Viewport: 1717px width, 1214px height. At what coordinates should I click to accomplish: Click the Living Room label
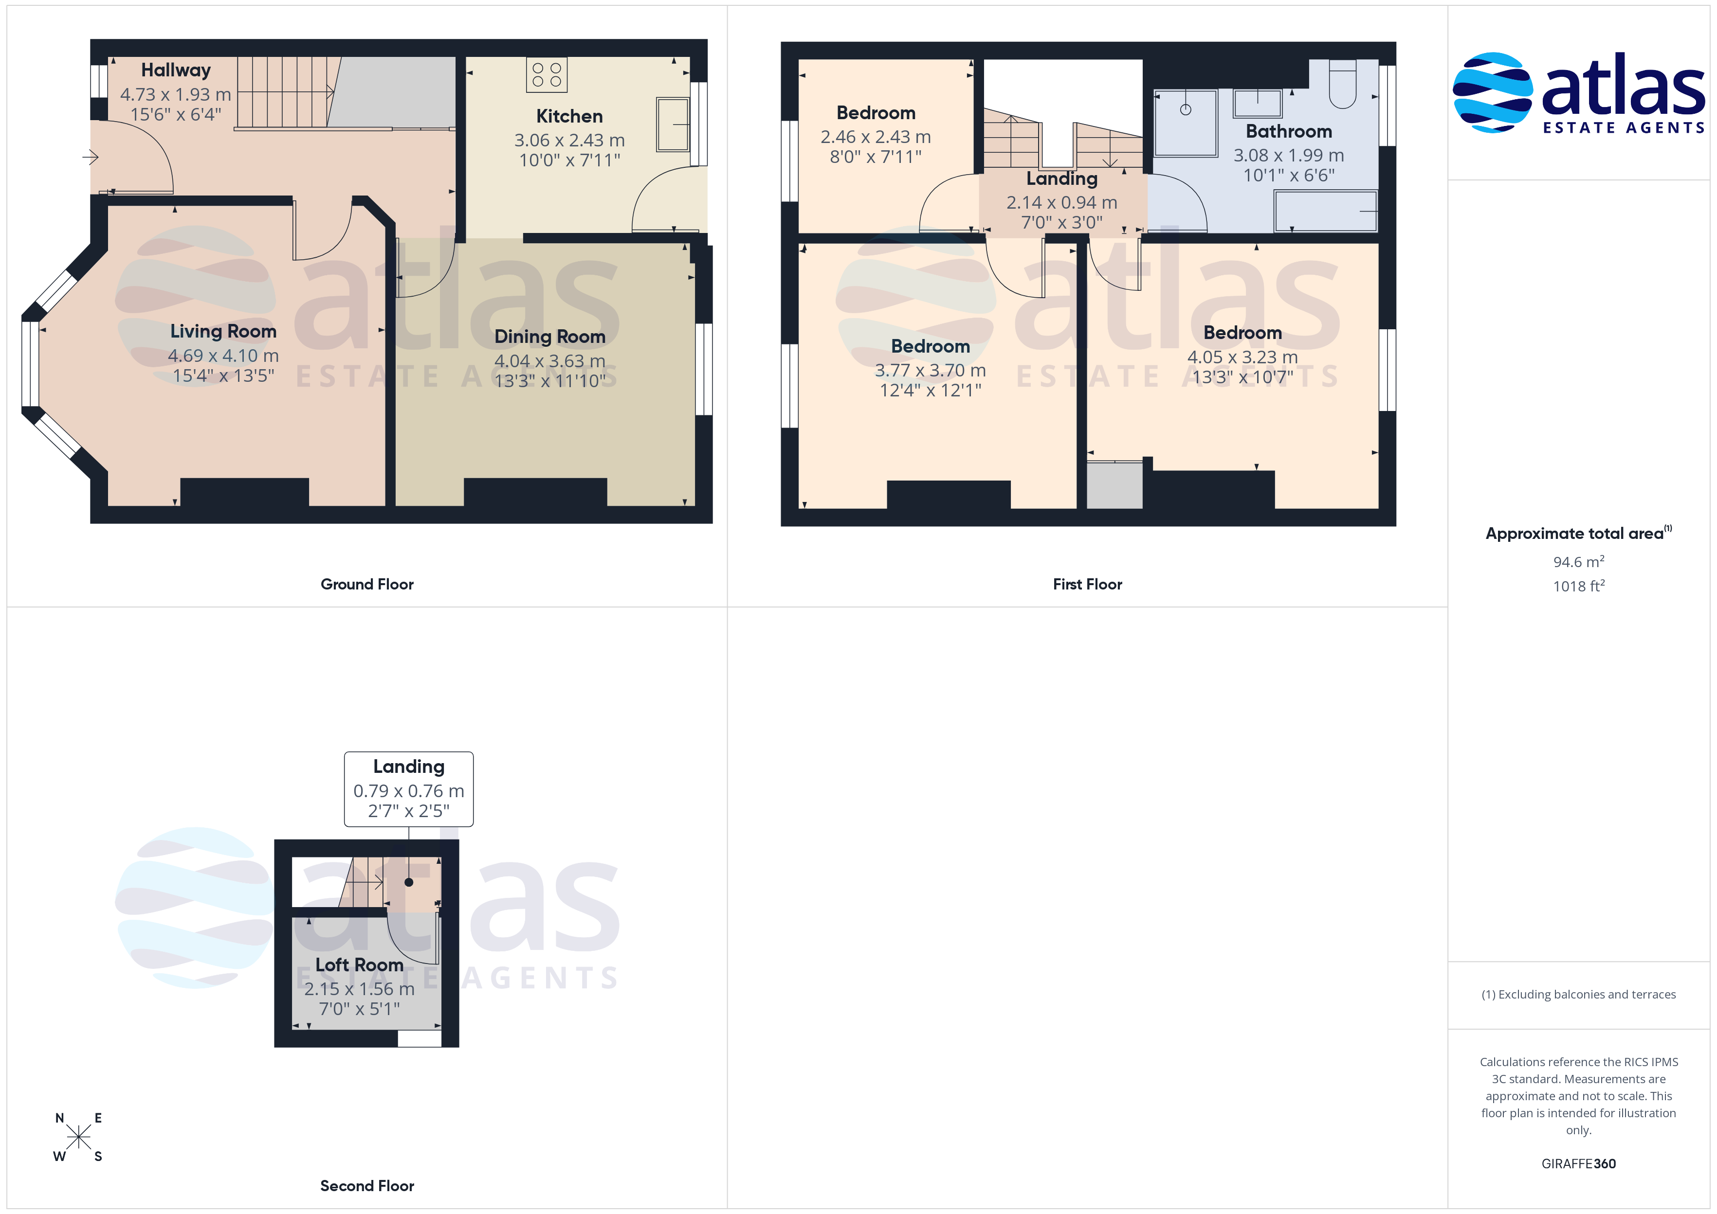coord(223,331)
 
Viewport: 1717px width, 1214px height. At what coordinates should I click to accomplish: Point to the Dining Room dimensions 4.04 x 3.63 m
coord(549,361)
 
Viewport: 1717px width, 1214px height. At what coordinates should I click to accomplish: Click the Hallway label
coord(176,70)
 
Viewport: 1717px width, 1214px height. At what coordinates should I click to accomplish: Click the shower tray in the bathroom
coord(1186,124)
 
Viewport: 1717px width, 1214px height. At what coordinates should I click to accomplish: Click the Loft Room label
coord(359,965)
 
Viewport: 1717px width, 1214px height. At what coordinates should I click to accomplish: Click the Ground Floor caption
coord(367,585)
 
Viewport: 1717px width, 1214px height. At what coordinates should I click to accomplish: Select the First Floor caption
coord(1087,585)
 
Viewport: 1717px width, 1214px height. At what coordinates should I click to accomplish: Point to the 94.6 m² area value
coord(1579,561)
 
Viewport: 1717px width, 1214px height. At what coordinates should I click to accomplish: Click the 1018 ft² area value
coord(1579,586)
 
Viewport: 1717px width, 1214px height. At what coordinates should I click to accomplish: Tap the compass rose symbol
coord(78,1137)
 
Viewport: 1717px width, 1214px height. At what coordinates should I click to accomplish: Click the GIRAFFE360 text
coord(1579,1164)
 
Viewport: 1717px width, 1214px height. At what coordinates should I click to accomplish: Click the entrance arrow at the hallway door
coord(91,157)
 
